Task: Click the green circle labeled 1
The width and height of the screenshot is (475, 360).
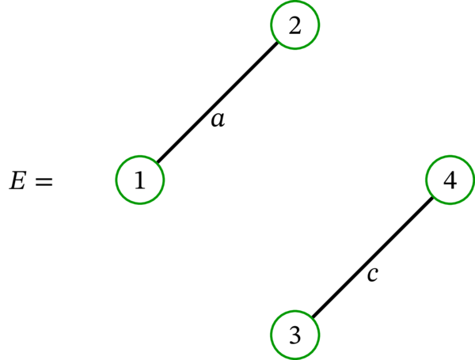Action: (140, 180)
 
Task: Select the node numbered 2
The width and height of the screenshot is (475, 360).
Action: (295, 25)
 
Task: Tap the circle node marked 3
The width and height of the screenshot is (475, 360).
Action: (295, 335)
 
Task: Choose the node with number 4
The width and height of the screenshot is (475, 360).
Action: (450, 180)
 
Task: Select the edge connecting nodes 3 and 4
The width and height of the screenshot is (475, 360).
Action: (372, 258)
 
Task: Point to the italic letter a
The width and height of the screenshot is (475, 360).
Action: (218, 120)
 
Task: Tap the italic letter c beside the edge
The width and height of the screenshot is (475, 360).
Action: (373, 275)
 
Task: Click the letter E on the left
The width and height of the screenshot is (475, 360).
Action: (17, 181)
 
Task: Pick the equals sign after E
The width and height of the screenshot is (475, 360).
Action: (44, 182)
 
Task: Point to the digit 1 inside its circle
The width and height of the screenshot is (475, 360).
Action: (140, 180)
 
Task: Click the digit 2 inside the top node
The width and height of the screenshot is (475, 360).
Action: (295, 25)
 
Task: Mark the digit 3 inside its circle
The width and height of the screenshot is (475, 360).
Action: (295, 335)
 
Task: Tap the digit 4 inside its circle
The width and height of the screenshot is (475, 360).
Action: (450, 180)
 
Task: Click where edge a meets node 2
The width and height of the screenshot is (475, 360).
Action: (279, 42)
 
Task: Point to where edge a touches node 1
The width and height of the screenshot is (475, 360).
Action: (157, 164)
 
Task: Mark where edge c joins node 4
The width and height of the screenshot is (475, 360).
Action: (433, 197)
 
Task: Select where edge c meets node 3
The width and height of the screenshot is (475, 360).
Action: (312, 319)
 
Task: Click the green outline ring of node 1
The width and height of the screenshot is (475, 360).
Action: (117, 180)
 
